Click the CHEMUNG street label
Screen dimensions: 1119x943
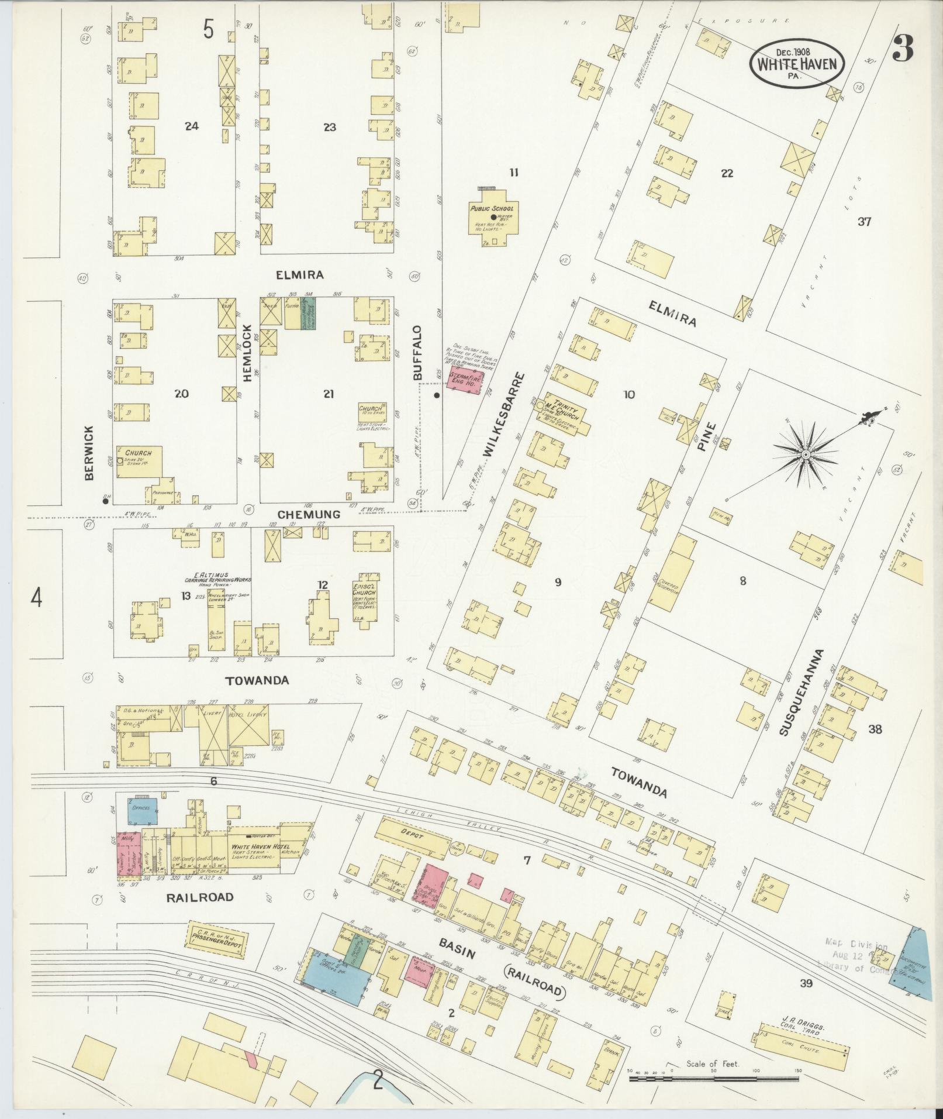click(309, 514)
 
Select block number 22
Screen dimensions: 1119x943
click(727, 173)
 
